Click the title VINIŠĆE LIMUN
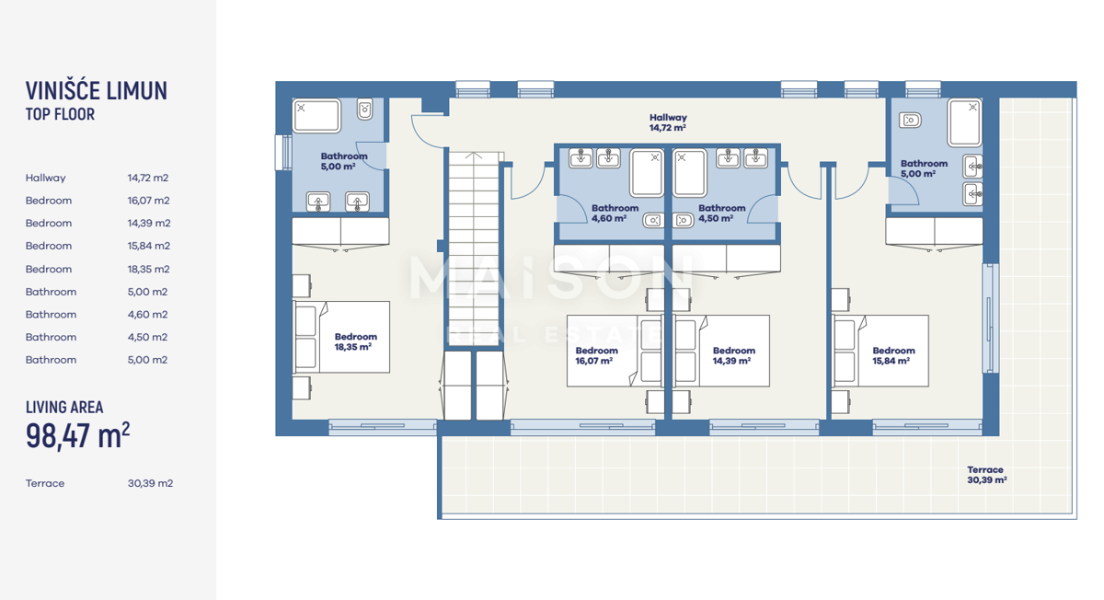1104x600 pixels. (97, 91)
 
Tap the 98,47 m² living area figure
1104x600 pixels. (78, 436)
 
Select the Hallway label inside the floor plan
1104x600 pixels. (668, 122)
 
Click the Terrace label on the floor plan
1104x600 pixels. (986, 475)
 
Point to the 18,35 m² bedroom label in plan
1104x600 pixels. (355, 341)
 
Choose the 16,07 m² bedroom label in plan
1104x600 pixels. (596, 355)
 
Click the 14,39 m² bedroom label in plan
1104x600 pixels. (734, 355)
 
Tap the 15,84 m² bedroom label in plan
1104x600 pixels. (893, 355)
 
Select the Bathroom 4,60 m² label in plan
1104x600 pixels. (615, 213)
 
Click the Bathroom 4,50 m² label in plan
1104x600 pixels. (721, 213)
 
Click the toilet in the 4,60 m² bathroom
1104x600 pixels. (653, 220)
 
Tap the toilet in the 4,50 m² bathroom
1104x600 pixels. (683, 220)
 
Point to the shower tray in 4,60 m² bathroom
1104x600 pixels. (647, 173)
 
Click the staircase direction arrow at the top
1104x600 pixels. (474, 156)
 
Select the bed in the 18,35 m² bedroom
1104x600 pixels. (341, 337)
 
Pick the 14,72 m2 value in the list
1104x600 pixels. (148, 178)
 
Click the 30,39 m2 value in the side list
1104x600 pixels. (150, 484)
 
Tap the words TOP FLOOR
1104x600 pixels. (60, 114)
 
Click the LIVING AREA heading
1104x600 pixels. (64, 408)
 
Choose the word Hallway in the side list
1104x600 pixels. (45, 178)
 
